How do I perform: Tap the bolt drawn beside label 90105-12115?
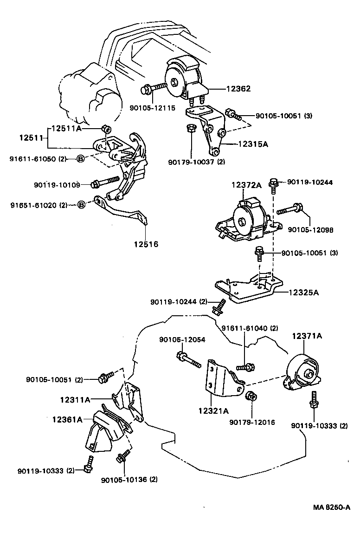coord(152,87)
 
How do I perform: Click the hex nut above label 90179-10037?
coord(191,128)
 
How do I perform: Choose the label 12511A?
coord(66,128)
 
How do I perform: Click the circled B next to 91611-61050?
coord(80,159)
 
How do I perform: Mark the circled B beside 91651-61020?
coord(81,205)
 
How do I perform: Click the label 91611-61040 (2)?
coord(250,328)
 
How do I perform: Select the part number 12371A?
coord(307,336)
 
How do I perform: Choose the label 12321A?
coord(213,410)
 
